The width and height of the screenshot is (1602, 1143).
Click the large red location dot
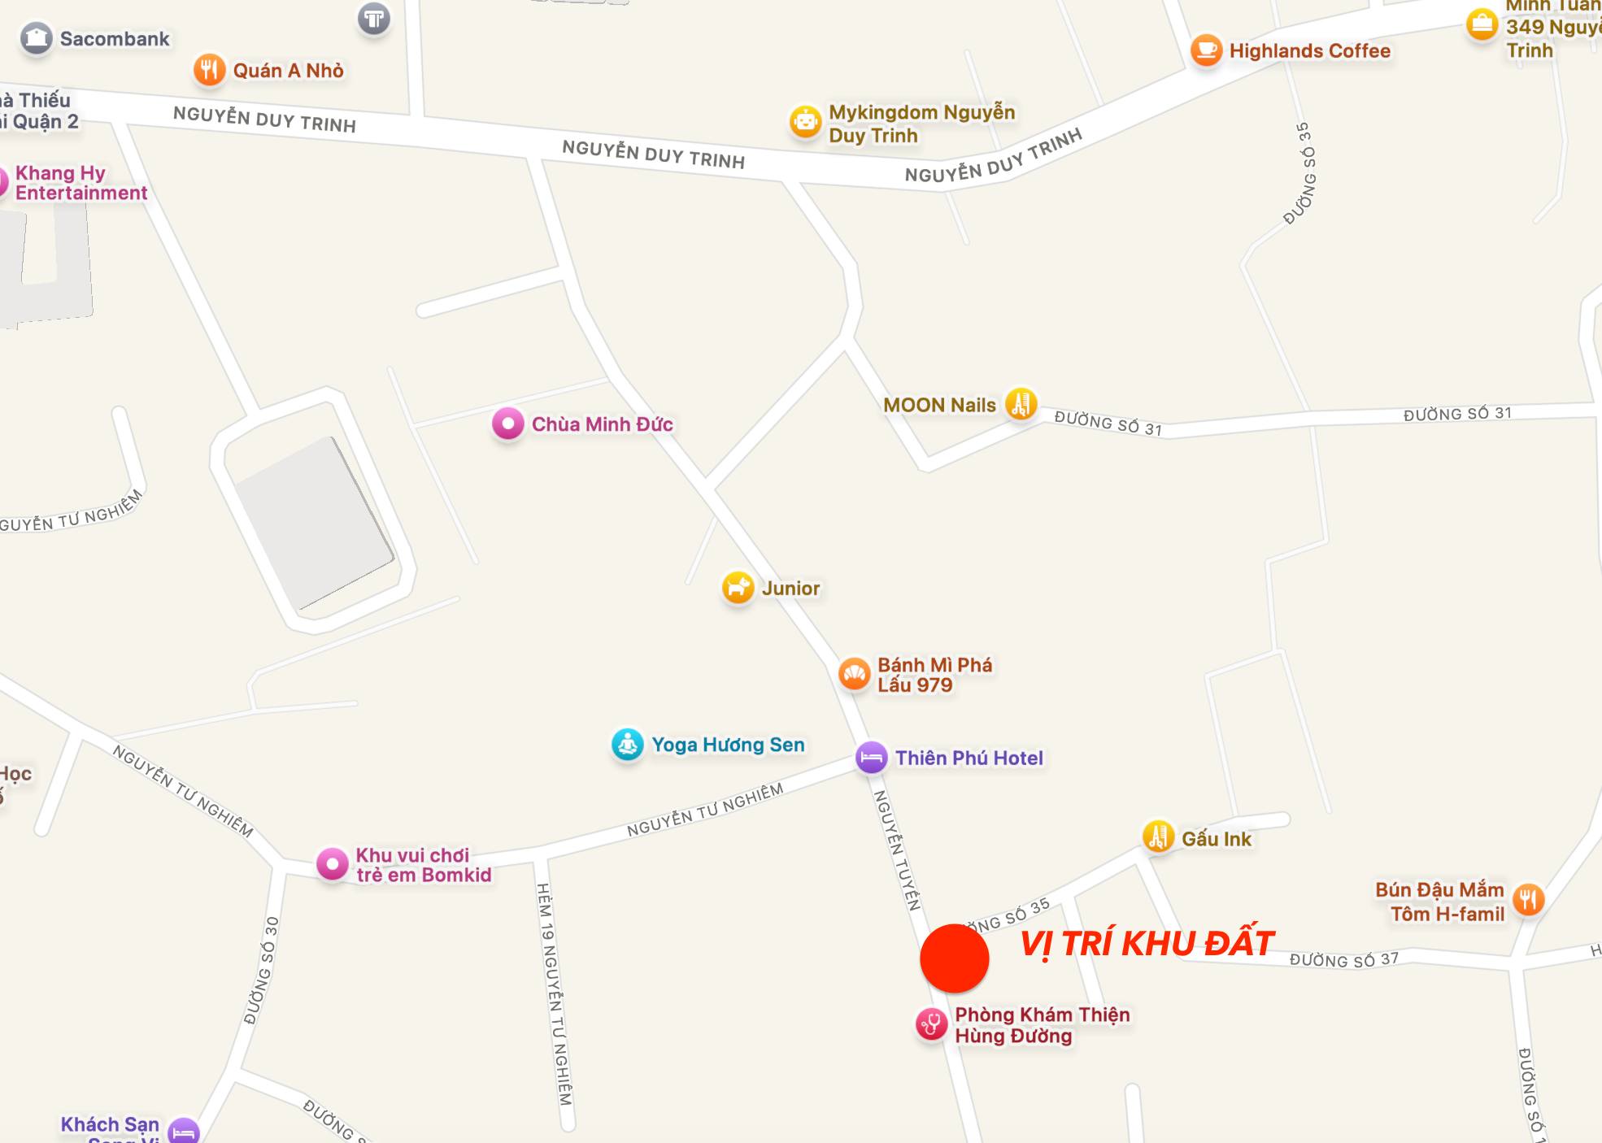[954, 958]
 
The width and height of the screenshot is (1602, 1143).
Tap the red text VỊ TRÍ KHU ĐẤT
[1146, 944]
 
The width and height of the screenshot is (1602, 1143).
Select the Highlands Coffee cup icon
[1206, 50]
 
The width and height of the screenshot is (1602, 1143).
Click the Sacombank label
[115, 39]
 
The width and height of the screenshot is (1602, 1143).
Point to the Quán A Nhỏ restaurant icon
[209, 70]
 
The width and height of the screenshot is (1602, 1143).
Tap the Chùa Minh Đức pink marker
[508, 424]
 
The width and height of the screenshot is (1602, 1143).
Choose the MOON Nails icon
[1021, 404]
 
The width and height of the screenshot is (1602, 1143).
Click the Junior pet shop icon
[738, 587]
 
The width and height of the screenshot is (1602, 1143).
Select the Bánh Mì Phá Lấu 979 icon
[854, 674]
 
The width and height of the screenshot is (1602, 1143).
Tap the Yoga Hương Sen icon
[628, 744]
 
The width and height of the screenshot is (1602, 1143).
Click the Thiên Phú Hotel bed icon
[871, 758]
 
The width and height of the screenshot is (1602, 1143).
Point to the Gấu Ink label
[1217, 839]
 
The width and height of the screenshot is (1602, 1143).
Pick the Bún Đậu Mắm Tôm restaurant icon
[1528, 900]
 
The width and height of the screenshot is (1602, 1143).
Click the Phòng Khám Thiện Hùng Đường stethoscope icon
[931, 1024]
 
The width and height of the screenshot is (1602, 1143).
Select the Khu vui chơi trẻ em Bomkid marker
[332, 864]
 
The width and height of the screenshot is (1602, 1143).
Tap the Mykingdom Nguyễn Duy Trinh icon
[805, 123]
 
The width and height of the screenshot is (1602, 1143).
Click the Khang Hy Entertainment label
[81, 183]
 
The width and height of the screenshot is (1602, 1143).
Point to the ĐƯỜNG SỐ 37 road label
[1343, 960]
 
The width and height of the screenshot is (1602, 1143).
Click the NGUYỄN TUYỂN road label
[896, 850]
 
